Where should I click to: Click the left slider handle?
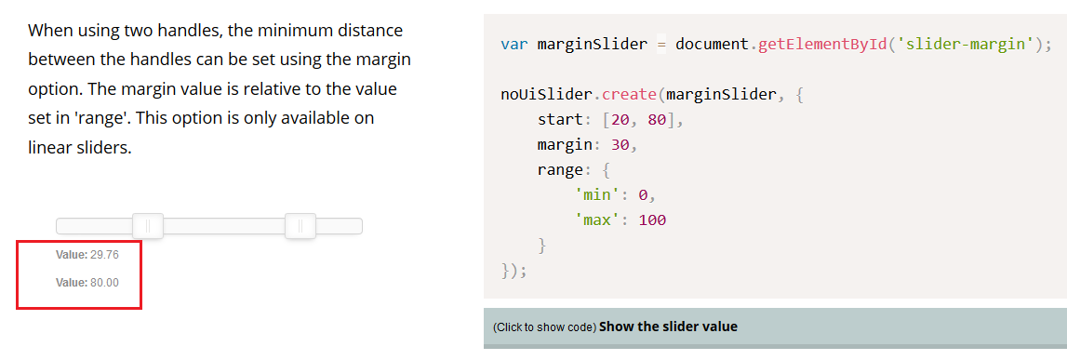148,225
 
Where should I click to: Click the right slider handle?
300,225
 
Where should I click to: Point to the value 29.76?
104,255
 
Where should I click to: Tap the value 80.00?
104,283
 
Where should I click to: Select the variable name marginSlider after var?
592,45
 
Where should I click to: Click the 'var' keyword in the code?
514,45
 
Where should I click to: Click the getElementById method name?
821,45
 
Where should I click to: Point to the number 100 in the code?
653,220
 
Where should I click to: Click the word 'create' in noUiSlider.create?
630,95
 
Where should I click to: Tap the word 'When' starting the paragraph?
50,31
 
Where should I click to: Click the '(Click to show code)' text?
544,327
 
